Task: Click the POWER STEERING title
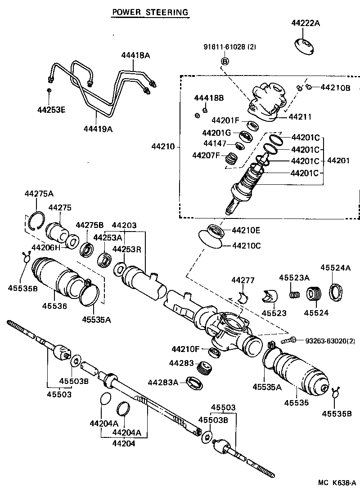150,12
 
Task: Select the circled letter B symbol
225,61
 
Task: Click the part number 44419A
98,129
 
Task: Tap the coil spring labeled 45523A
295,295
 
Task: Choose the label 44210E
247,230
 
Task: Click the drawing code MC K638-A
337,483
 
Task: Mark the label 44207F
206,156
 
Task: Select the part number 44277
243,281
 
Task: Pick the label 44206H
45,247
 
